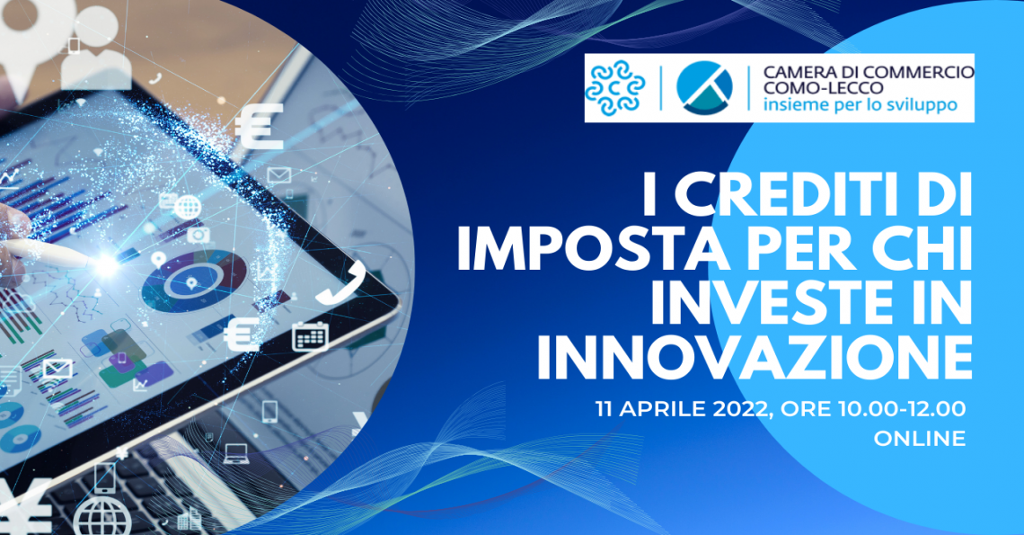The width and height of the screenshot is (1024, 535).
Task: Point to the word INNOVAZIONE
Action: [x=755, y=359]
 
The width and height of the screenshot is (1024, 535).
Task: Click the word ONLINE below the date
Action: [x=920, y=438]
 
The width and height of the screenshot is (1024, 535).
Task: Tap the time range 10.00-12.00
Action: [x=902, y=409]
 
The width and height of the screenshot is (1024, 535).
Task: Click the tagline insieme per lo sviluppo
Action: [x=861, y=104]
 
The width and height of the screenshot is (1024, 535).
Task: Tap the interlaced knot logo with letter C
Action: [x=614, y=87]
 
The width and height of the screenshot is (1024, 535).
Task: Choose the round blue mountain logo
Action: [x=704, y=87]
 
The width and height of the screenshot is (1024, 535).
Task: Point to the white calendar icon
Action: [x=310, y=336]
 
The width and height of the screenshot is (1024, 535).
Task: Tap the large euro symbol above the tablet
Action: [x=260, y=126]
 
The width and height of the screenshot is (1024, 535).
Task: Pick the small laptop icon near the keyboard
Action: [x=235, y=453]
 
